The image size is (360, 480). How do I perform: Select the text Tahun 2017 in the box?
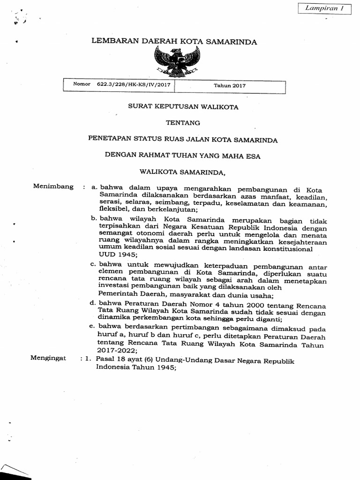pos(230,86)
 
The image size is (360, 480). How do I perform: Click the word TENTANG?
pos(183,123)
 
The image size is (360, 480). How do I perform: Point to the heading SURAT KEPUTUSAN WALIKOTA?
pos(183,107)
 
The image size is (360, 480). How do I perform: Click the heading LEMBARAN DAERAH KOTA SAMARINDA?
pos(174,42)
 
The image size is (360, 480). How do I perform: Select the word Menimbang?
pos(53,187)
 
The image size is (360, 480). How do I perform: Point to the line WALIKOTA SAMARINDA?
pos(183,172)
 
